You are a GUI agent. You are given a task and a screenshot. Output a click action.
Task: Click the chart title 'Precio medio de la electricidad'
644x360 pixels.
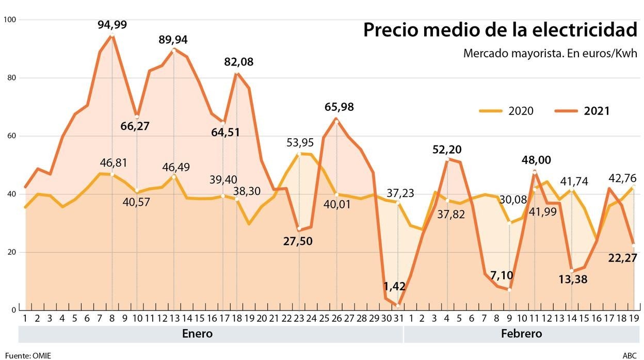pos(500,30)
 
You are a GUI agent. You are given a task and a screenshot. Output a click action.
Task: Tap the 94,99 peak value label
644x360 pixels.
pos(112,25)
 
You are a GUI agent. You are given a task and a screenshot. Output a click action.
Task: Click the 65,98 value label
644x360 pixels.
pos(339,107)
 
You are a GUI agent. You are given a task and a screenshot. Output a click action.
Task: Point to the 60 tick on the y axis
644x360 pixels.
pos(12,136)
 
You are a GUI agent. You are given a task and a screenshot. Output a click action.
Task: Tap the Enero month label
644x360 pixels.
pos(197,334)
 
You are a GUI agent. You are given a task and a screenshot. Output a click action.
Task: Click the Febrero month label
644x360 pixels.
pos(521,334)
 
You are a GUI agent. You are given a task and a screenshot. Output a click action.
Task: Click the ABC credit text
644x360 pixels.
pos(630,355)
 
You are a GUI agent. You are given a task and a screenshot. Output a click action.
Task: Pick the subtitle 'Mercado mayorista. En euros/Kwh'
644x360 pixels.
pos(550,53)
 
